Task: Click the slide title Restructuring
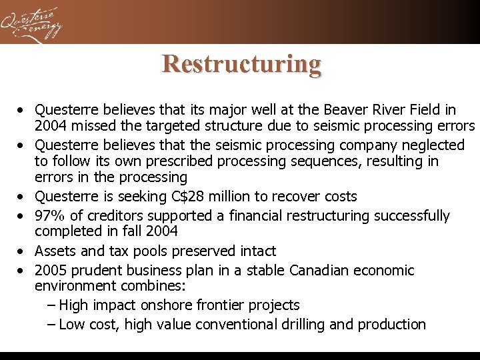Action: click(241, 64)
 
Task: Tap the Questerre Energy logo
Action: click(32, 23)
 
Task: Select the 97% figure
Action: click(51, 216)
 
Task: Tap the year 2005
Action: click(51, 271)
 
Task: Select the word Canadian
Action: click(320, 271)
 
